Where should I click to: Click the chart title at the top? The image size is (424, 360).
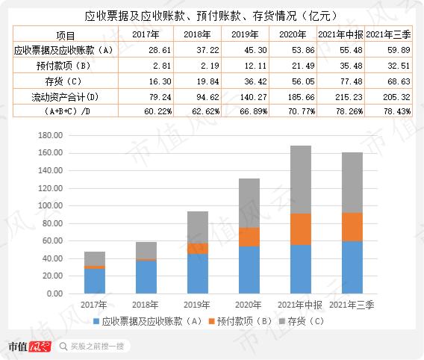pos(212,14)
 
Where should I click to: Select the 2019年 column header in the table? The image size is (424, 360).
pos(244,35)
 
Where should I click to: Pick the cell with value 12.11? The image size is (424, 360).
pos(244,66)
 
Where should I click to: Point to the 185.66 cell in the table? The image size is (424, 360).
pos(293,97)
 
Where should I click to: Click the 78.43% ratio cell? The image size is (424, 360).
pos(393,112)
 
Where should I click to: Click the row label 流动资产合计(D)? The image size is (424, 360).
pos(50,97)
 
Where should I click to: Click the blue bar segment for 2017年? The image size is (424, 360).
pos(95,281)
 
